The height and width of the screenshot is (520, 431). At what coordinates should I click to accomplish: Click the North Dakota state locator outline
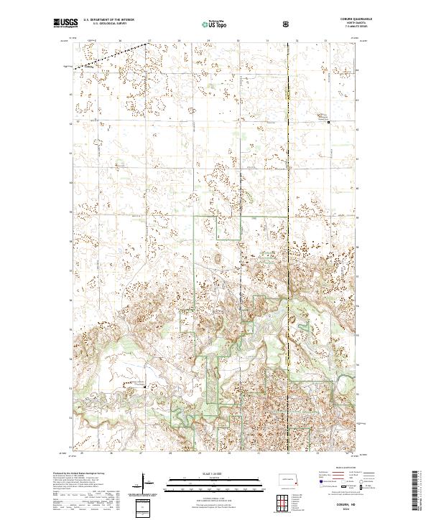tap(287, 479)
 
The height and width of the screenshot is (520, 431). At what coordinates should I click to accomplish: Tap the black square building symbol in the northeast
tap(329, 122)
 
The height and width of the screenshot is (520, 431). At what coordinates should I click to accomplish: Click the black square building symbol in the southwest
tap(144, 387)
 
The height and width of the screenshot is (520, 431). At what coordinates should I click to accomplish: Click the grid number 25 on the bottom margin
tap(82, 453)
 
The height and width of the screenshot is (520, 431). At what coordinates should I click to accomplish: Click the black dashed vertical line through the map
tap(288, 215)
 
